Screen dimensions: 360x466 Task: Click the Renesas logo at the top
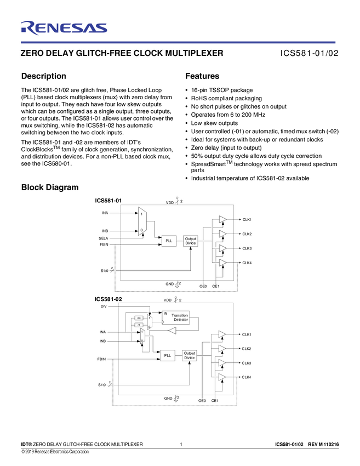click(64, 27)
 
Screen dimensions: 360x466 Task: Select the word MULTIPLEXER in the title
click(194, 54)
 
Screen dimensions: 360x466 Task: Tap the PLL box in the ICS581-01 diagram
click(169, 241)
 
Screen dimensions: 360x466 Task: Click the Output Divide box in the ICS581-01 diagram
click(190, 241)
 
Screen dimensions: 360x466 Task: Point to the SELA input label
click(104, 238)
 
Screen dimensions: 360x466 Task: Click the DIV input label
click(104, 306)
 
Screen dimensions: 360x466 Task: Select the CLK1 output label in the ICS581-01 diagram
click(247, 220)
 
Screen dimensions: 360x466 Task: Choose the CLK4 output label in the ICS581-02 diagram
click(247, 377)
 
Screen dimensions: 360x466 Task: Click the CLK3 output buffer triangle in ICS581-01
click(222, 249)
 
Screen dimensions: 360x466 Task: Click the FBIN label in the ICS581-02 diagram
click(101, 359)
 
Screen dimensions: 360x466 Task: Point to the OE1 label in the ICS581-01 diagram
click(216, 286)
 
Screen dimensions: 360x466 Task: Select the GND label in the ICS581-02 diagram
click(168, 398)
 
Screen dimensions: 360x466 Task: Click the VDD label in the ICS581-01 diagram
click(170, 202)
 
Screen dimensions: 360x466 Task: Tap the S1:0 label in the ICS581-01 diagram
click(104, 270)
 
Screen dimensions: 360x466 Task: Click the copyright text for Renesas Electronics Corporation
click(55, 452)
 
